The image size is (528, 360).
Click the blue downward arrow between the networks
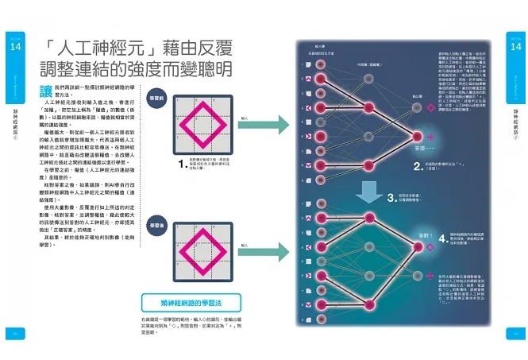(368, 192)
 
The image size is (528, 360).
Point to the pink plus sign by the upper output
(431, 138)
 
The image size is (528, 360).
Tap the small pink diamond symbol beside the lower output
(430, 248)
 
